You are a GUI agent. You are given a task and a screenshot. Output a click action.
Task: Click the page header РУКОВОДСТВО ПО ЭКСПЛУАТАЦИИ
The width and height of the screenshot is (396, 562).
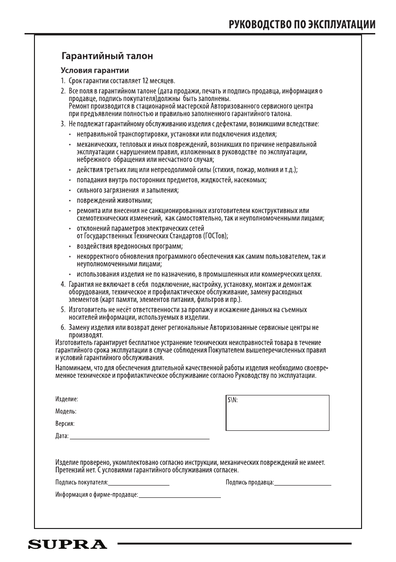(x=302, y=25)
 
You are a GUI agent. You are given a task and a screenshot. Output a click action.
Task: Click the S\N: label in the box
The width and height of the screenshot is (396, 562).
(x=233, y=399)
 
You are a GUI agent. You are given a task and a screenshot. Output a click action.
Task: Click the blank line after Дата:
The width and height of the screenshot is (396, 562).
(x=139, y=438)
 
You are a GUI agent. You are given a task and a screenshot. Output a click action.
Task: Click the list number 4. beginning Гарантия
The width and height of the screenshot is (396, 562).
(x=63, y=285)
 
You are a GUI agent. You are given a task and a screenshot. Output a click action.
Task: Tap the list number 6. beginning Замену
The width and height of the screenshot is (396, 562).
(x=63, y=327)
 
